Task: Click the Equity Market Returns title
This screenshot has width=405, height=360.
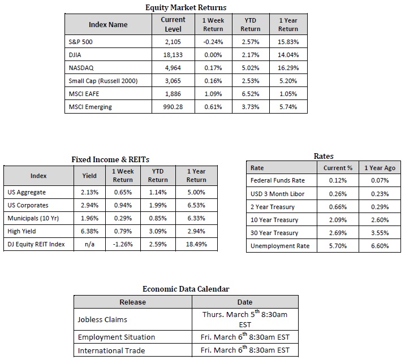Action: point(186,7)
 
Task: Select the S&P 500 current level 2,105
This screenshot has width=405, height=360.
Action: point(173,42)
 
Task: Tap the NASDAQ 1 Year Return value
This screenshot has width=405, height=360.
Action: point(288,68)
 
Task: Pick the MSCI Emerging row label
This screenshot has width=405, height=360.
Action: point(90,107)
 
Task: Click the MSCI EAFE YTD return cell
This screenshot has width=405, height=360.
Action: point(250,94)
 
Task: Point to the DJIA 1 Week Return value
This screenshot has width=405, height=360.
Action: point(213,55)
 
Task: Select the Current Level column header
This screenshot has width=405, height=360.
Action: point(173,24)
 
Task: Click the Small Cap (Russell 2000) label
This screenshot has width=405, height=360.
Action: point(103,81)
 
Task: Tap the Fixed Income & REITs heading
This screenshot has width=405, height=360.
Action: point(110,159)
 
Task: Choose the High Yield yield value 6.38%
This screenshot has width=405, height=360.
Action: point(89,231)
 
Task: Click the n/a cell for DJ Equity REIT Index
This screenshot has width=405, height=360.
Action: point(89,244)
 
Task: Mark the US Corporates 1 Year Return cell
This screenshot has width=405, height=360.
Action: point(196,205)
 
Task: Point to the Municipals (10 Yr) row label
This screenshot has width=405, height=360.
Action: point(33,218)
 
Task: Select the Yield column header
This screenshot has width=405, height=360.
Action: point(89,176)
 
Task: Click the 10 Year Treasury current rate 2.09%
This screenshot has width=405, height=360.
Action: point(338,220)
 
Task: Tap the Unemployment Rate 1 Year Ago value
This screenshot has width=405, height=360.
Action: point(380,246)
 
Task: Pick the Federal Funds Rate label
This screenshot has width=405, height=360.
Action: point(277,180)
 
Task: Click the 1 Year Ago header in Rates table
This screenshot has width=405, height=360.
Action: point(380,168)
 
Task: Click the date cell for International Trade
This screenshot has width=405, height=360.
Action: point(245,350)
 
